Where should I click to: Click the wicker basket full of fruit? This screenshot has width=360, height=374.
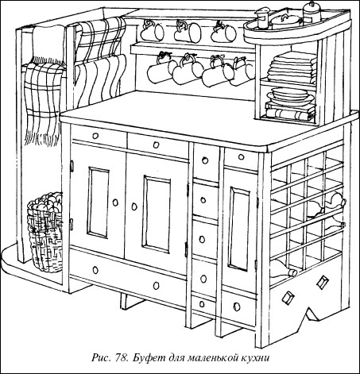coord(45,232)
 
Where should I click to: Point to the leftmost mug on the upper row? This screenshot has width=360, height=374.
coord(152,31)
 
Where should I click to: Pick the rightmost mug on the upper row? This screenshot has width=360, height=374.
coord(223,33)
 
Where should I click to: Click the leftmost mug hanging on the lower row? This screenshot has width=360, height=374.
coord(161,69)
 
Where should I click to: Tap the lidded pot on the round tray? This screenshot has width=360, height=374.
coord(285,21)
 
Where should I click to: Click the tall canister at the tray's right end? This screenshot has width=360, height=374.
coord(312,13)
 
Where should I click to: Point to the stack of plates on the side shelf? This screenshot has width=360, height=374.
coord(291,95)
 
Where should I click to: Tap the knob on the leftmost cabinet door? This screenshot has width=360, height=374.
coord(115,202)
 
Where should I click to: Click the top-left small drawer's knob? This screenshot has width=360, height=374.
coord(95,136)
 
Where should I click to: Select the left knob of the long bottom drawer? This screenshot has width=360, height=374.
coord(95,270)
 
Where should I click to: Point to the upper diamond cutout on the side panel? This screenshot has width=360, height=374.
coord(323,282)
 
